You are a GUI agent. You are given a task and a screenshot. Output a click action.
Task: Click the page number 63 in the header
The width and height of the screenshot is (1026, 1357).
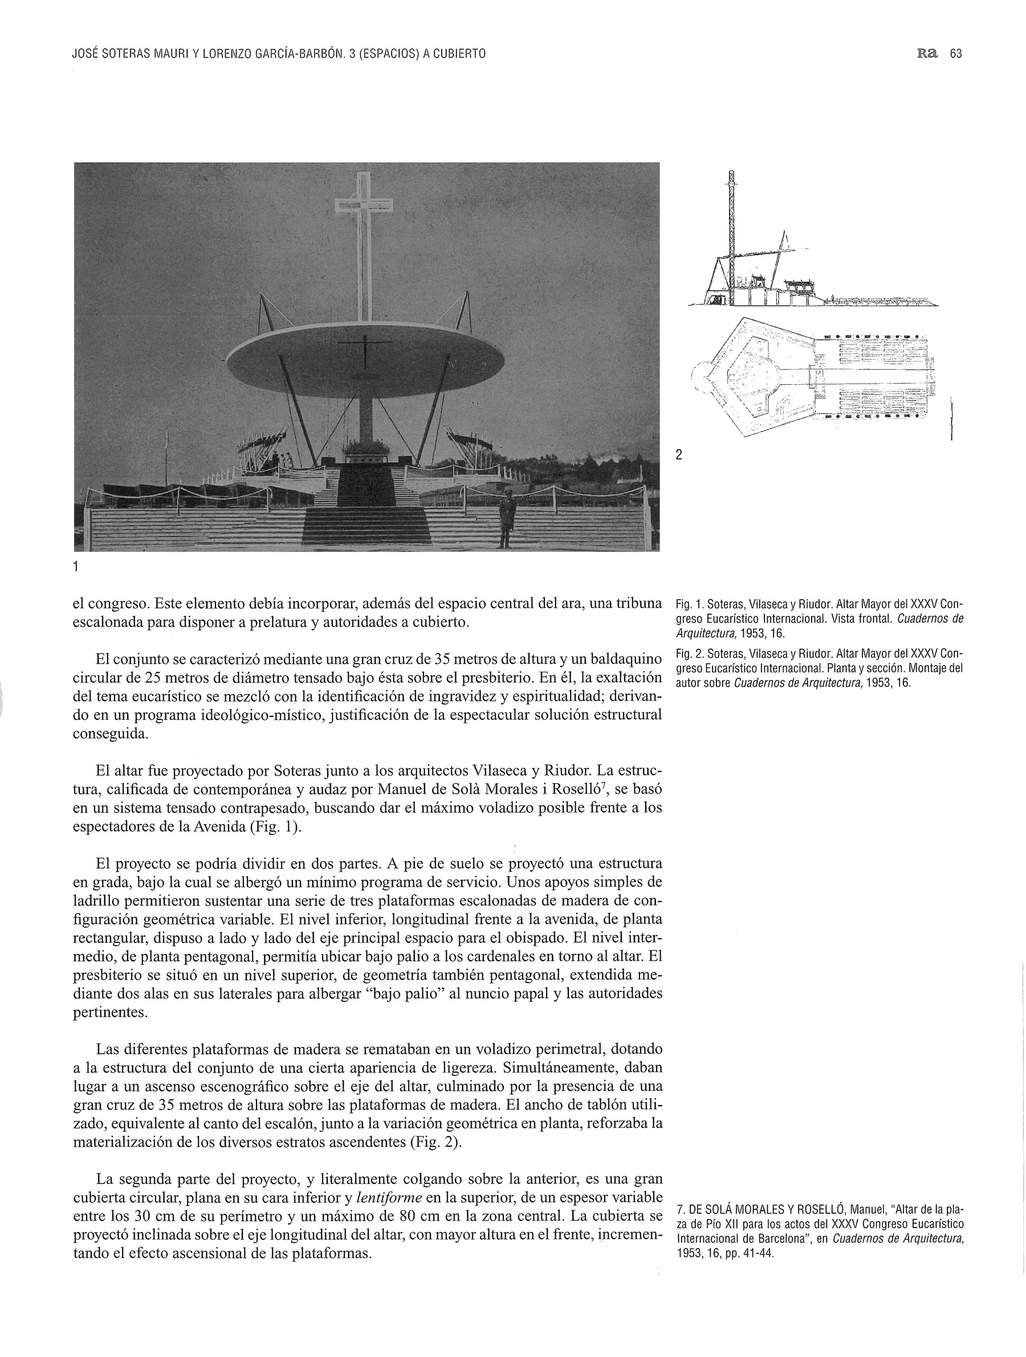tap(955, 54)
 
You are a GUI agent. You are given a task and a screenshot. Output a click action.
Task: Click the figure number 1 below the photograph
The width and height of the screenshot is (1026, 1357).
tap(75, 567)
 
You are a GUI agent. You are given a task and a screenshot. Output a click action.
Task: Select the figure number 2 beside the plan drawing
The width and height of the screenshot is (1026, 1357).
tap(679, 455)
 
